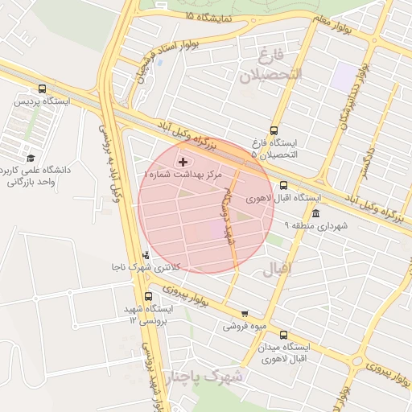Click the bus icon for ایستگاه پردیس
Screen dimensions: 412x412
point(41,89)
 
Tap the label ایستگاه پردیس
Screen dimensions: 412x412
point(41,102)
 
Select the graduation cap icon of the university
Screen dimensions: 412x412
point(31,158)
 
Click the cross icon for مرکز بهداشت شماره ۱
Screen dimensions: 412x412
point(183,162)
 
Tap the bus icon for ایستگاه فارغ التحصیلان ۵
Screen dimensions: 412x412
point(274,130)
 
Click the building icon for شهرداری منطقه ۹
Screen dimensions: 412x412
point(315,214)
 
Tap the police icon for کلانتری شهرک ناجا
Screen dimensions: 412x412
point(146,254)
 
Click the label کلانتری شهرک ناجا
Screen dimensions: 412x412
point(146,266)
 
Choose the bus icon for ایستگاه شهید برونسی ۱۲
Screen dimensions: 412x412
point(146,296)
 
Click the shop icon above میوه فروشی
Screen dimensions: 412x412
point(245,314)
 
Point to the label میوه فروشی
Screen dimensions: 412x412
point(245,327)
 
